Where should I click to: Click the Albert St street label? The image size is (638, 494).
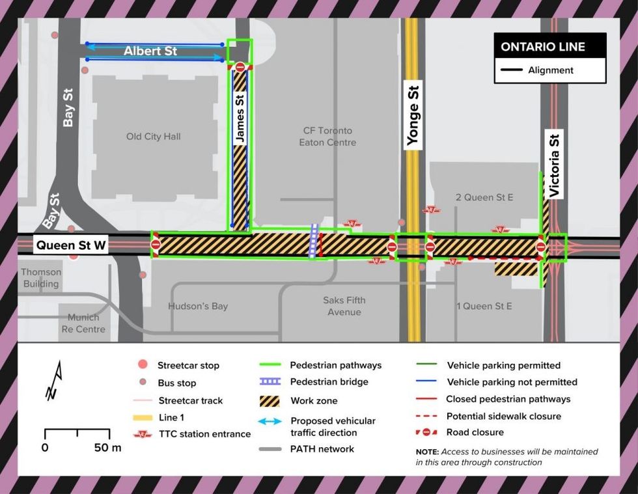click(x=150, y=51)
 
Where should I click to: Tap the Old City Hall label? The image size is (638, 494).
click(x=153, y=136)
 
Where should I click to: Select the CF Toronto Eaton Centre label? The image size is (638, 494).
click(x=327, y=137)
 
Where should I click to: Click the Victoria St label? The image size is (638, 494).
click(x=555, y=165)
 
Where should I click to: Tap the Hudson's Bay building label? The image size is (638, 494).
click(x=198, y=306)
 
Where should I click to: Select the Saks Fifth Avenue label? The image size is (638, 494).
click(x=344, y=306)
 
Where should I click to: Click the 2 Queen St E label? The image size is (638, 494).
click(x=484, y=197)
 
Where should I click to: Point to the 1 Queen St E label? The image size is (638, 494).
click(x=484, y=306)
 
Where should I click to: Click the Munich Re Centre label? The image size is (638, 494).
click(x=83, y=323)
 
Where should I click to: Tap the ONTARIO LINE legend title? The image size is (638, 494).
click(x=542, y=47)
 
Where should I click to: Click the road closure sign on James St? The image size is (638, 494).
click(x=240, y=66)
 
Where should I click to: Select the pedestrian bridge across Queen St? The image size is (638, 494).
click(x=314, y=241)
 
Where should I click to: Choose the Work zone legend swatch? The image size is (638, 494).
click(x=270, y=400)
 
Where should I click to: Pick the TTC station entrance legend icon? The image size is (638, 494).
click(x=143, y=434)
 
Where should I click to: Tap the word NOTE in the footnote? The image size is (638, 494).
click(x=428, y=452)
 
